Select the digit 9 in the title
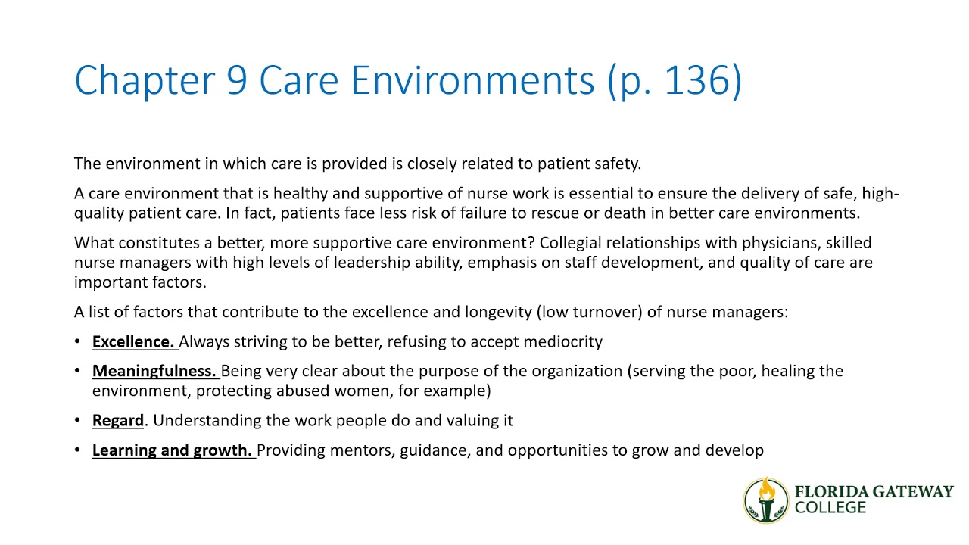236,80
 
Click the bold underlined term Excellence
133,341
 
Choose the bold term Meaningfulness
154,371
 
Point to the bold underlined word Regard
118,420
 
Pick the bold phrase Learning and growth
172,450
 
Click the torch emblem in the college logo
766,500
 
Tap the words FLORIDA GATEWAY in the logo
874,491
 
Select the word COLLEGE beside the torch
830,508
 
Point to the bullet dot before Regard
78,420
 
